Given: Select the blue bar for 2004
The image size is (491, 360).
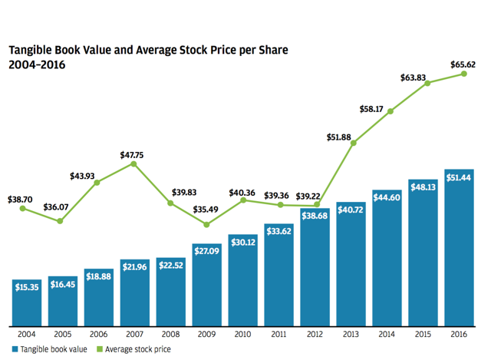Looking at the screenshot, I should tap(26, 301).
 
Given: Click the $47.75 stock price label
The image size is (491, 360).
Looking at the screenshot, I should tap(133, 154).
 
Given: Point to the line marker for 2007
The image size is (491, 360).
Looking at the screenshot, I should tap(133, 163).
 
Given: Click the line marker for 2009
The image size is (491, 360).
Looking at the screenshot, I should tap(206, 224).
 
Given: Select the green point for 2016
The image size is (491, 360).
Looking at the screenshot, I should tap(463, 74).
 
